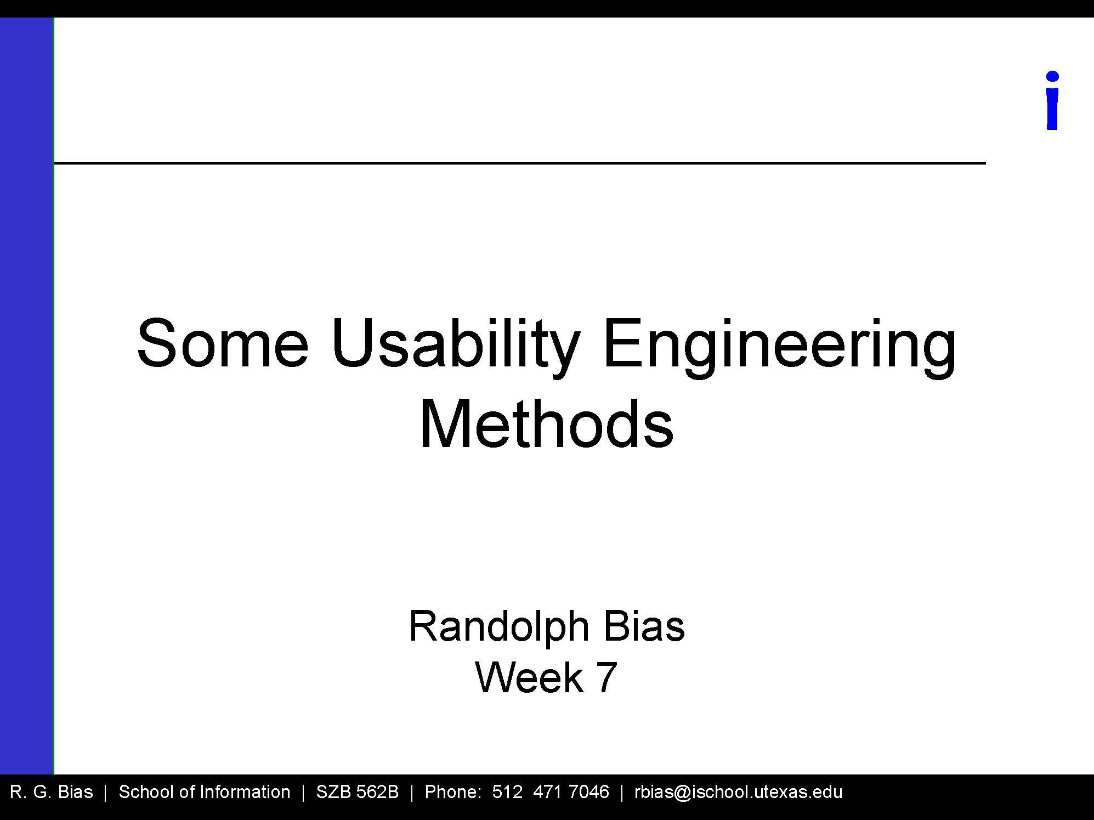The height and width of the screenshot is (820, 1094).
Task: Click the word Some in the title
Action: coord(223,344)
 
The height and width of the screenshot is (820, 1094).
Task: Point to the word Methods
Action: coord(546,424)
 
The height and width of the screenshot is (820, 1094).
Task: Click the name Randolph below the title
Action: coord(498,627)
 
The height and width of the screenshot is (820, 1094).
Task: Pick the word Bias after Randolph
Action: coord(644,626)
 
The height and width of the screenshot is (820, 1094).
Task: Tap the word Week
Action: coord(529,677)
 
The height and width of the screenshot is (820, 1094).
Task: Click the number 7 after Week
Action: coord(606,677)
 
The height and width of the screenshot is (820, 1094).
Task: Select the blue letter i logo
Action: coord(1052,101)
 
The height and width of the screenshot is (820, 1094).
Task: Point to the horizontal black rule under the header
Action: coord(520,163)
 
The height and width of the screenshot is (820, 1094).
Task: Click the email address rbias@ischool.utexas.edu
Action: coord(738,792)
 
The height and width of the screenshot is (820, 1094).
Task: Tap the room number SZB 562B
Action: coord(357,792)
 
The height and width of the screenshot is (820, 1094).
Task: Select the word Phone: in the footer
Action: coord(453,792)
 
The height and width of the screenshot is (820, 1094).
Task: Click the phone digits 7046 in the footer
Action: coord(589,792)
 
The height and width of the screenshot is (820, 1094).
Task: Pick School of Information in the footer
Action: coord(204,792)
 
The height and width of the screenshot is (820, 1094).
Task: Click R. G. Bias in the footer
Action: coord(52,792)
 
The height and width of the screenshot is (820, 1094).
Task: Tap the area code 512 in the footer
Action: coord(507,792)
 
